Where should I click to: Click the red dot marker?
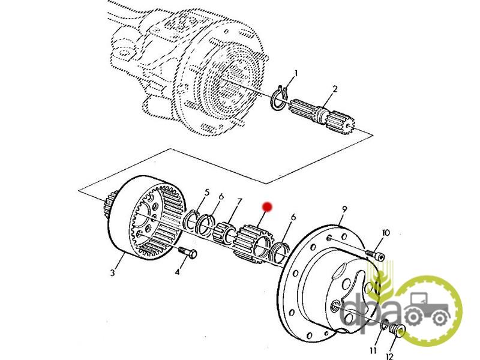coord(268,206)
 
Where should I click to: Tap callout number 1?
coord(295,74)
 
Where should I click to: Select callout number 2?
coord(335,89)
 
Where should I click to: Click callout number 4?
coord(177,272)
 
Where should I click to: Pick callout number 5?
coord(207,193)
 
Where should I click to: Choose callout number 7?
coord(239,201)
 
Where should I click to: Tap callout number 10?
coord(385,233)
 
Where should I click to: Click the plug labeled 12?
coord(397,329)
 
